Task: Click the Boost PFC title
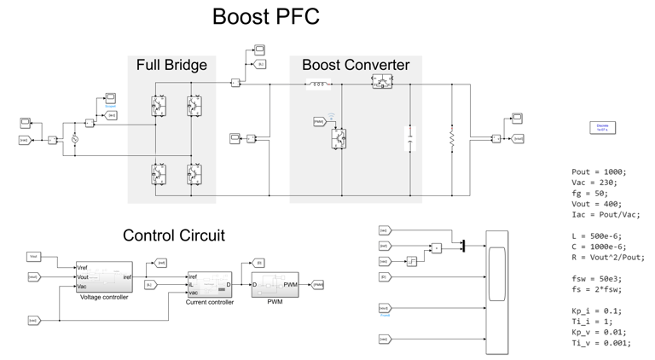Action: (x=265, y=17)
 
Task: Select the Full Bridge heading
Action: (x=171, y=66)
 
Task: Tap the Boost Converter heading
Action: (x=356, y=66)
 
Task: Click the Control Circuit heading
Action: (x=174, y=235)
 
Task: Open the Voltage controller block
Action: (x=104, y=277)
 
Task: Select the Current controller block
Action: (x=209, y=285)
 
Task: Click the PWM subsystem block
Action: (x=275, y=285)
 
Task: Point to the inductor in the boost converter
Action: (x=318, y=84)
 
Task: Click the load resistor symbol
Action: (x=452, y=139)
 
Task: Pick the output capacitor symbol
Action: (x=410, y=139)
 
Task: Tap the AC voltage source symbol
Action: (x=74, y=139)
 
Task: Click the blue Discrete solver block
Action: (x=602, y=127)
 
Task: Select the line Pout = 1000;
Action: (x=599, y=171)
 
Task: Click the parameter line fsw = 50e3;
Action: (x=597, y=279)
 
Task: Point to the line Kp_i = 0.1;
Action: (x=596, y=311)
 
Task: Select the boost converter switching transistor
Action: (x=339, y=139)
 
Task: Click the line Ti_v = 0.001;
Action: (x=601, y=343)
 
